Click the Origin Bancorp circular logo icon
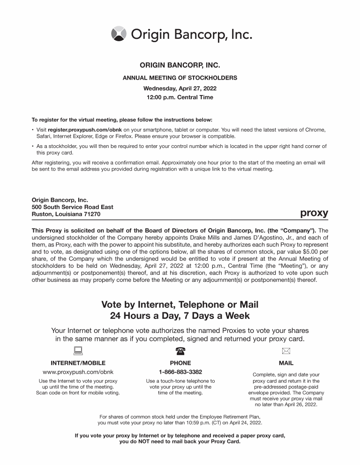tap(119, 34)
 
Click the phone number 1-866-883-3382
tap(180, 372)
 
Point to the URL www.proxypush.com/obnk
tap(78, 372)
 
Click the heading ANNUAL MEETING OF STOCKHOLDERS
tap(180, 78)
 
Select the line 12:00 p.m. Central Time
tap(180, 97)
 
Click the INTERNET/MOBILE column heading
tap(78, 363)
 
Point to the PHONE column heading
tap(180, 363)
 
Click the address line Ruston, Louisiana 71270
tap(66, 214)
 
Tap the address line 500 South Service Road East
tap(72, 207)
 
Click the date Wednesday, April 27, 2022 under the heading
tap(180, 88)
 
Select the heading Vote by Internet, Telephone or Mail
tap(180, 305)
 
